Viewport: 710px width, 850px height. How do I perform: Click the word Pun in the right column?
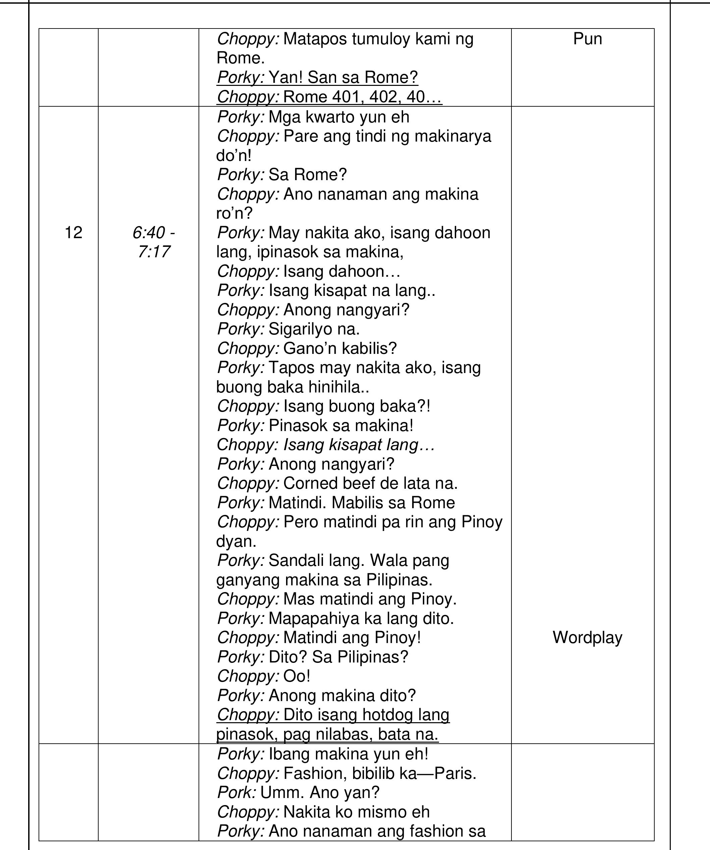tap(587, 39)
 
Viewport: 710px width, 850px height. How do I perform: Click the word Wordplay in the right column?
tap(587, 637)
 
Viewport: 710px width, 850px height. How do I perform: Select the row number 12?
tap(73, 233)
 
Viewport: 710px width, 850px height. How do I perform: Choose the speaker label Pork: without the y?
tap(236, 793)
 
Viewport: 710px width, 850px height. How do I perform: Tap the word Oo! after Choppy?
tap(297, 676)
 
